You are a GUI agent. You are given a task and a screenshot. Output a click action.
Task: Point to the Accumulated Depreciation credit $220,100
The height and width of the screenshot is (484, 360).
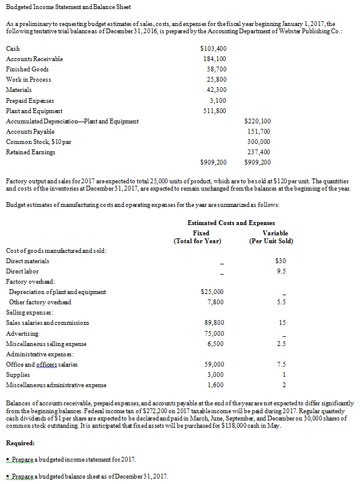257,121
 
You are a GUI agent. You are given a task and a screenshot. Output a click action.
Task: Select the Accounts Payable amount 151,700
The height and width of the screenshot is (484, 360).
258,131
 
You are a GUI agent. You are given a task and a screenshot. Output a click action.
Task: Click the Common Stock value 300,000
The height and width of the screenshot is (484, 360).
258,142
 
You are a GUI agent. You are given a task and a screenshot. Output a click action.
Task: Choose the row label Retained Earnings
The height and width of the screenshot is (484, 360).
30,152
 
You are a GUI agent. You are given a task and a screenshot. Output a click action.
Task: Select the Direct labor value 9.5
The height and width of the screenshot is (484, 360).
280,271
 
